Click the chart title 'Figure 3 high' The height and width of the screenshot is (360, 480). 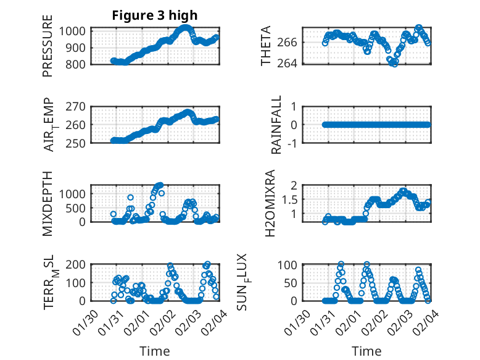[x=155, y=15]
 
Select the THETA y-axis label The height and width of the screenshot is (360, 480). [x=266, y=46]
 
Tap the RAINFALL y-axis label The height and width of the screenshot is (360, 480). [x=277, y=125]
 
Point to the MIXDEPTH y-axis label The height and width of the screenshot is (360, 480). [x=48, y=204]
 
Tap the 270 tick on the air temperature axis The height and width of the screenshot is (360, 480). [x=77, y=106]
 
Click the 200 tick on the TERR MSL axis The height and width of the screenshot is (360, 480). [x=77, y=265]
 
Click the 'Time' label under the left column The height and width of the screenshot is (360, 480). [x=155, y=351]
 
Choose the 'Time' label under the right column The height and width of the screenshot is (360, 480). [x=366, y=351]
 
